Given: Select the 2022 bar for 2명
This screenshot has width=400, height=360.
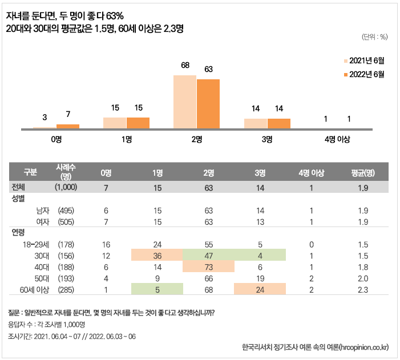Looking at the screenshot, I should click(x=208, y=104).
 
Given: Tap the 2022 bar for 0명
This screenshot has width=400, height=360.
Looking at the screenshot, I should click(x=68, y=127).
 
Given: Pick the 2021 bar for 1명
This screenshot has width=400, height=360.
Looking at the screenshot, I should click(x=115, y=123).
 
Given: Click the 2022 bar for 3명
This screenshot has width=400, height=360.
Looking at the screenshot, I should click(x=279, y=124).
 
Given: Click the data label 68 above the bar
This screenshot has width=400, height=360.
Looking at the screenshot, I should click(x=185, y=66).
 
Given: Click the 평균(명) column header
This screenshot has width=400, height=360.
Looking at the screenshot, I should click(x=362, y=173).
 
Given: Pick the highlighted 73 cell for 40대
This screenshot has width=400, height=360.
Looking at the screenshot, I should click(x=208, y=266).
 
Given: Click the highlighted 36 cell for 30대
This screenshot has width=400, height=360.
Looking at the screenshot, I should click(x=157, y=255).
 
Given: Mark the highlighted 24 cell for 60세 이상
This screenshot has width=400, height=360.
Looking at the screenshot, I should click(x=260, y=289).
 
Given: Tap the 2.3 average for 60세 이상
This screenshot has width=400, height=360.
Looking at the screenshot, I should click(x=362, y=289).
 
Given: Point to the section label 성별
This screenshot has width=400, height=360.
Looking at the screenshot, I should click(x=19, y=199).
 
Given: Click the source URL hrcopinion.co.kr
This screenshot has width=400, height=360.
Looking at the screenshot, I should click(x=359, y=347).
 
